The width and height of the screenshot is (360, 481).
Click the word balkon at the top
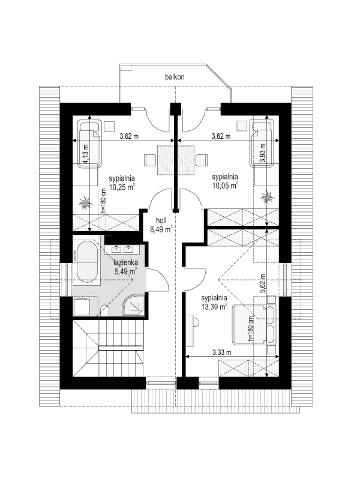175,77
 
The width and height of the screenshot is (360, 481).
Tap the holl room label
161,220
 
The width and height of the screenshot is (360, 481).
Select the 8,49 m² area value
161,228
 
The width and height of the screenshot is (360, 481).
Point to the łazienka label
127,262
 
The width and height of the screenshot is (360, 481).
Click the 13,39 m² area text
214,306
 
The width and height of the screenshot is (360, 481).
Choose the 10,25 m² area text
122,187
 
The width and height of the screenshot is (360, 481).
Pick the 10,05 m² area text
226,186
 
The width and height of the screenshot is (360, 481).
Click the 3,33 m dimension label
223,352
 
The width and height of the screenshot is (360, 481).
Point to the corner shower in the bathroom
132,306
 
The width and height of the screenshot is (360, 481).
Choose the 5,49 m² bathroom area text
125,271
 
